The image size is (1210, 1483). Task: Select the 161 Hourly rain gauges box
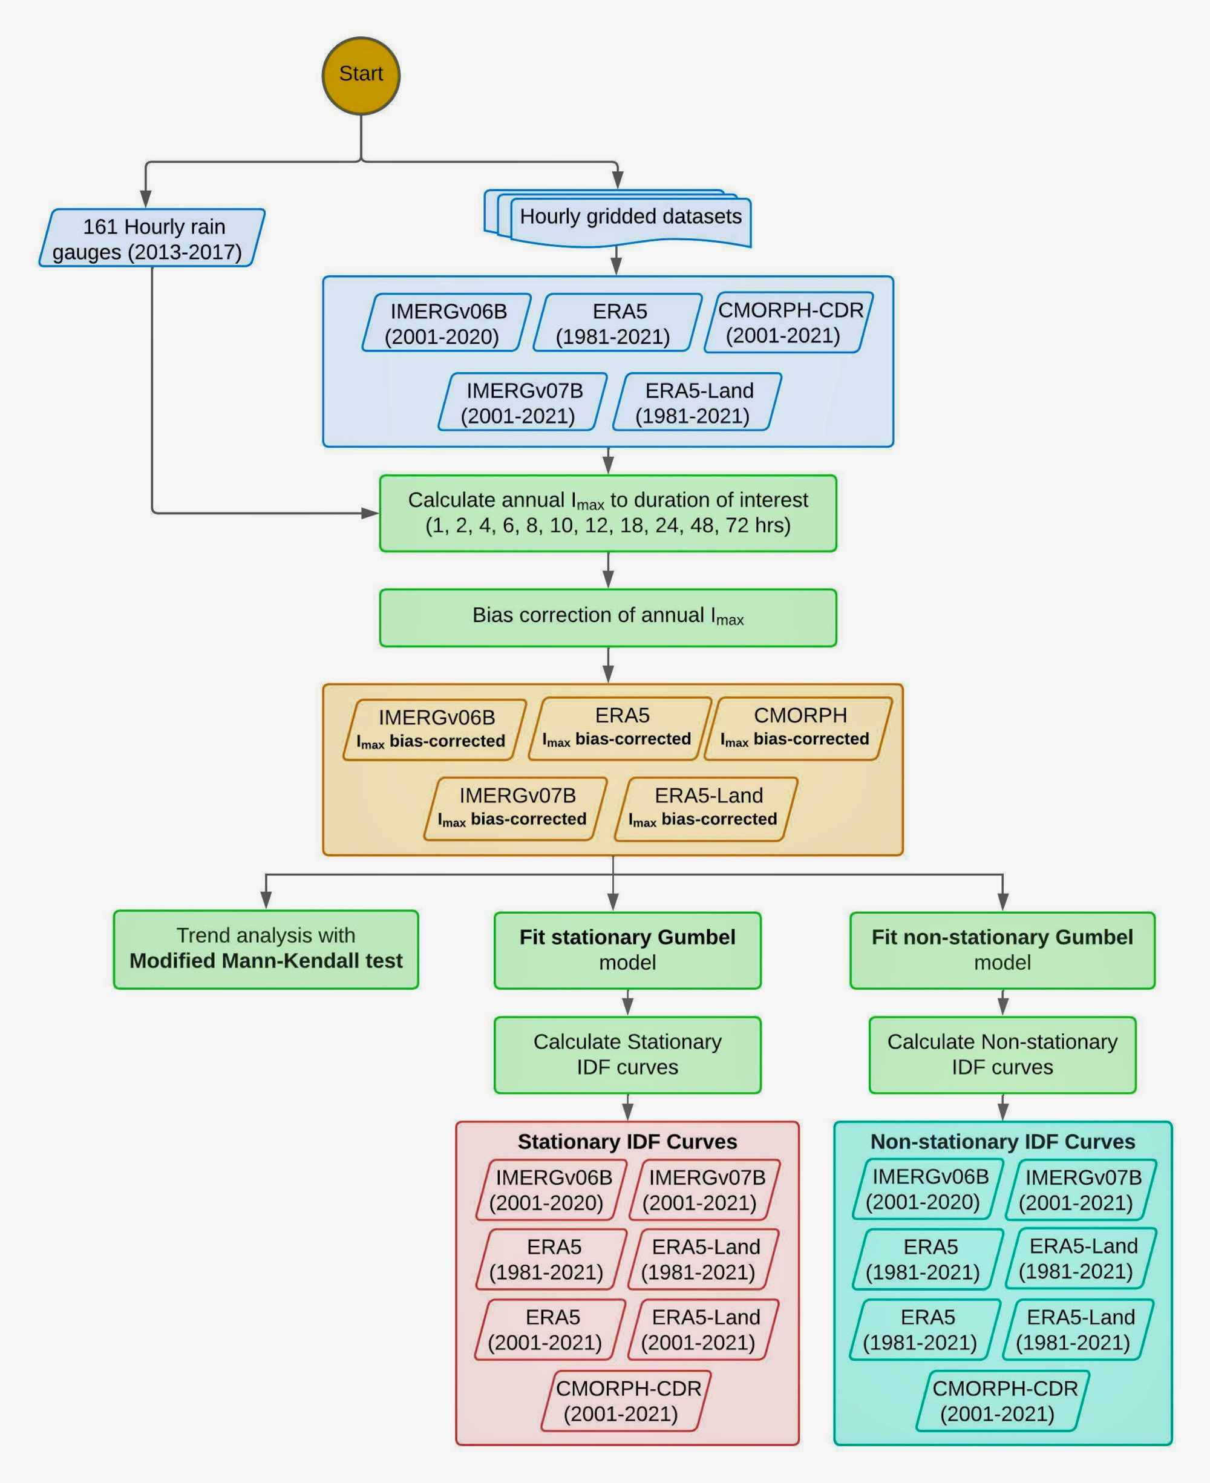pyautogui.click(x=151, y=238)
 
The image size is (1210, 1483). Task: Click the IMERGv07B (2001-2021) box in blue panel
pyautogui.click(x=522, y=402)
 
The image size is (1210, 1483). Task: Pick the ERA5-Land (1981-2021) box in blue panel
pyautogui.click(x=696, y=402)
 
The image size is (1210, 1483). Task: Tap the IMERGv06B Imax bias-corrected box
pyautogui.click(x=434, y=729)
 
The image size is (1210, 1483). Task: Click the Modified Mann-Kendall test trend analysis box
pyautogui.click(x=266, y=949)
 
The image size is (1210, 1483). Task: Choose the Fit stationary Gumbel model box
pyautogui.click(x=627, y=950)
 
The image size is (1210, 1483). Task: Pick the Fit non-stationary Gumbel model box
pyautogui.click(x=1002, y=950)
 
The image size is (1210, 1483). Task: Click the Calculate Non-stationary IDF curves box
pyautogui.click(x=1002, y=1055)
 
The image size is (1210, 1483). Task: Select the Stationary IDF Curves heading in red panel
pyautogui.click(x=627, y=1142)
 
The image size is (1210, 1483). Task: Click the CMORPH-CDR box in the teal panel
pyautogui.click(x=1002, y=1401)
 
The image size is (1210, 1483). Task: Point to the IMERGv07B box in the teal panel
pyautogui.click(x=1081, y=1190)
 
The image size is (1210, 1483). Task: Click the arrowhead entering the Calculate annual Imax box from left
pyautogui.click(x=370, y=514)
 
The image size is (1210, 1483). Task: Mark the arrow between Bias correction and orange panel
pyautogui.click(x=608, y=666)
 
